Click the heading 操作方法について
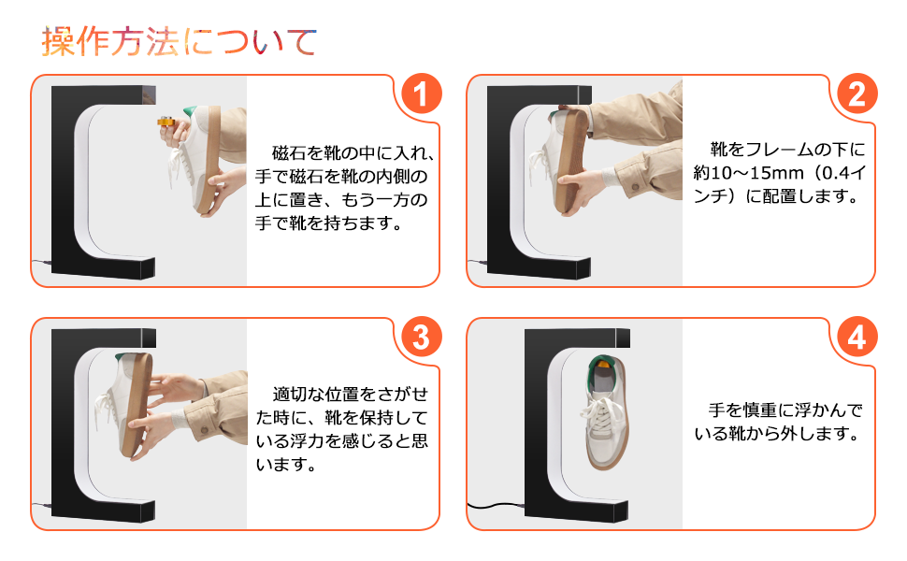click(x=179, y=42)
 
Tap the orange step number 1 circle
click(x=421, y=93)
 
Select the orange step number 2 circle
click(x=857, y=93)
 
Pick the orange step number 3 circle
click(x=421, y=337)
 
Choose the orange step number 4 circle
click(x=857, y=337)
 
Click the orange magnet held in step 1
click(x=166, y=122)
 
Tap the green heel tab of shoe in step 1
click(x=191, y=110)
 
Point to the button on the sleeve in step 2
click(x=635, y=186)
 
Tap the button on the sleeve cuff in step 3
click(x=203, y=430)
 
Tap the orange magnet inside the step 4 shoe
click(x=603, y=365)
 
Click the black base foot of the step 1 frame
click(x=103, y=267)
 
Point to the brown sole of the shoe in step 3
click(x=137, y=405)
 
